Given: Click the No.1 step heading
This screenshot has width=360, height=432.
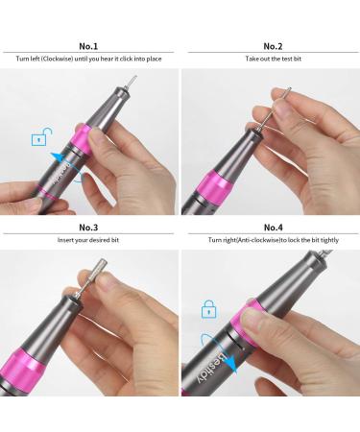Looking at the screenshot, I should [x=89, y=45].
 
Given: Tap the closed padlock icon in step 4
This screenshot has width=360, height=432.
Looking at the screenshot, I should [x=206, y=309].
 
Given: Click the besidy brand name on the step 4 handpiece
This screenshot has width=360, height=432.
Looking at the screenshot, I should [x=240, y=370].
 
